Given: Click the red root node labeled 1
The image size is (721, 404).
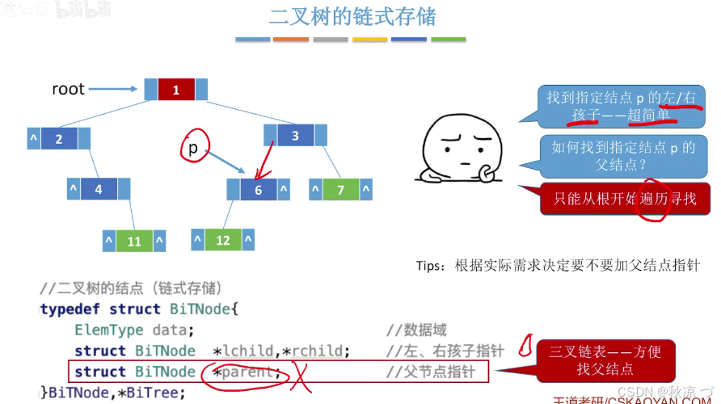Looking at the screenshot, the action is (176, 90).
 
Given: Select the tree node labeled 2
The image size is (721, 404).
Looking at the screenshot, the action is (58, 139).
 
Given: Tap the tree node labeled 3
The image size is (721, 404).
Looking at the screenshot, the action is (295, 136).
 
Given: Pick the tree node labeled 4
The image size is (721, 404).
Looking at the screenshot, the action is (99, 190).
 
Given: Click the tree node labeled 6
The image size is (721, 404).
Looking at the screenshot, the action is (259, 190).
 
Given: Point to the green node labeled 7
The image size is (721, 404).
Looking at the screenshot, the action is (341, 190).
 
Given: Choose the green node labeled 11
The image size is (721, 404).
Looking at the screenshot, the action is (134, 241).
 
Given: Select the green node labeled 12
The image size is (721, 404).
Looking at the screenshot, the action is (223, 240).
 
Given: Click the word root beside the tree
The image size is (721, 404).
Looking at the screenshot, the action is (68, 89).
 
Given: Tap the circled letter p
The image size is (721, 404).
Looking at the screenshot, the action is (193, 148).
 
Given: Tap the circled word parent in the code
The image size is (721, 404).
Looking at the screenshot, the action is (247, 372).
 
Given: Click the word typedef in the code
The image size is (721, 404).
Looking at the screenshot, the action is (71, 309).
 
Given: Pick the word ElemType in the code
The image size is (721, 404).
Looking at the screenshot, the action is (108, 330).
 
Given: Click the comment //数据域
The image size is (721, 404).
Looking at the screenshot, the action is (416, 330).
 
